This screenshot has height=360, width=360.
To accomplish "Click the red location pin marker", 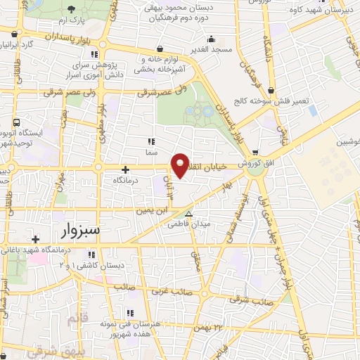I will point(181,165).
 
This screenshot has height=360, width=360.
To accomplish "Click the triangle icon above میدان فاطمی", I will point(188,214).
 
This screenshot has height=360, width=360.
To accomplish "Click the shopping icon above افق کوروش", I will point(255,151).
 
